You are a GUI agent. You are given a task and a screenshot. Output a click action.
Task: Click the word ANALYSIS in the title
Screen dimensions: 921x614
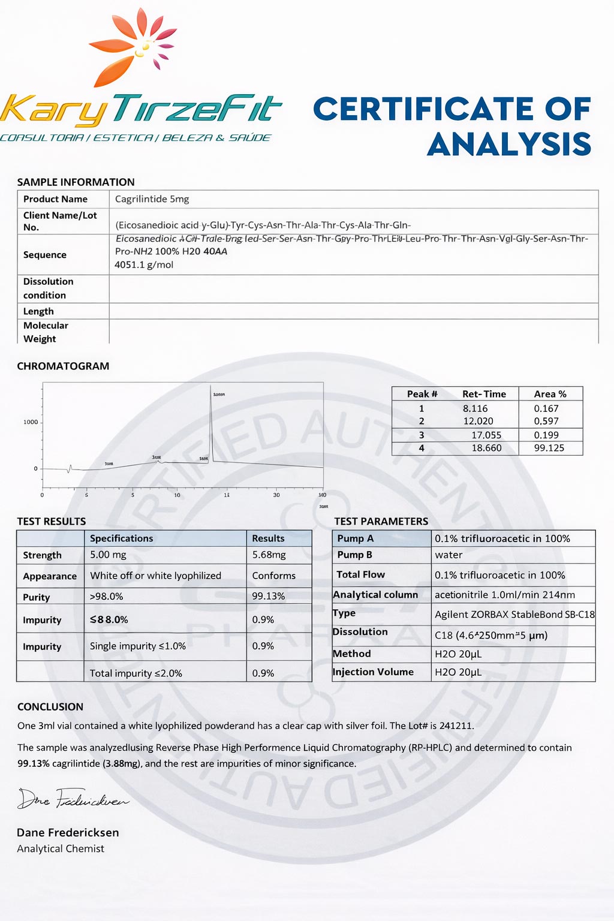pyautogui.click(x=509, y=145)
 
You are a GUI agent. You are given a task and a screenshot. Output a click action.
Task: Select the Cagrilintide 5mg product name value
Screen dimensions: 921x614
pyautogui.click(x=152, y=199)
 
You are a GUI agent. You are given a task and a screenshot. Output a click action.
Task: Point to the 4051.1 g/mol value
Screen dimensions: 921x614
pyautogui.click(x=144, y=264)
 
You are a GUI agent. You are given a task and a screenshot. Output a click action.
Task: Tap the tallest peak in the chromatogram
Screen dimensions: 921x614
pyautogui.click(x=211, y=420)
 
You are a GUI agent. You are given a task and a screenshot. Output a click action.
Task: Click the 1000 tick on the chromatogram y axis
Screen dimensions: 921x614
pyautogui.click(x=31, y=422)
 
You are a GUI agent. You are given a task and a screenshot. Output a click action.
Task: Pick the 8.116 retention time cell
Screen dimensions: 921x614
pyautogui.click(x=475, y=408)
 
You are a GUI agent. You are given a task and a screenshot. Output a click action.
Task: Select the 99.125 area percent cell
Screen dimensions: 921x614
pyautogui.click(x=549, y=448)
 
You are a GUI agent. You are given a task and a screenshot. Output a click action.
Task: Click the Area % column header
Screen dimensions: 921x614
pyautogui.click(x=550, y=394)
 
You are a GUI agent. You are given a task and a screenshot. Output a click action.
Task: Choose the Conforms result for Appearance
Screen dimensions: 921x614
pyautogui.click(x=273, y=576)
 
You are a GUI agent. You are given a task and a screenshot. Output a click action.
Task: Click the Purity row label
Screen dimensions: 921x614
pyautogui.click(x=37, y=597)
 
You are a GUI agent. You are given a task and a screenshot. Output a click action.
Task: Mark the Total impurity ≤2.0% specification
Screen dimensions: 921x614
pyautogui.click(x=136, y=673)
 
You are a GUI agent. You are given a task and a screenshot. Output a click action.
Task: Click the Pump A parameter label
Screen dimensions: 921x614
pyautogui.click(x=355, y=538)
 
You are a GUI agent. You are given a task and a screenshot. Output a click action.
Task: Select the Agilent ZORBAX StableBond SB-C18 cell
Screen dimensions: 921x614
pyautogui.click(x=514, y=614)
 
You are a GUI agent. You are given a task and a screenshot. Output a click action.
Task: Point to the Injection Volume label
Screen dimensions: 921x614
pyautogui.click(x=373, y=672)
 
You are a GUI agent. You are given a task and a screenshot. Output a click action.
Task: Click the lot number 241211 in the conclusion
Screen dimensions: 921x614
pyautogui.click(x=456, y=726)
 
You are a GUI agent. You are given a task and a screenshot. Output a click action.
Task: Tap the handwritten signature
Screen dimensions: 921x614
pyautogui.click(x=72, y=799)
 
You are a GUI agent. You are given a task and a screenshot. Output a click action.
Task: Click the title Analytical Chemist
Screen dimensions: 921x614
pyautogui.click(x=61, y=848)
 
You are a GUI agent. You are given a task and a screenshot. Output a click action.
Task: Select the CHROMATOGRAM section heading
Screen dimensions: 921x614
pyautogui.click(x=63, y=366)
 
